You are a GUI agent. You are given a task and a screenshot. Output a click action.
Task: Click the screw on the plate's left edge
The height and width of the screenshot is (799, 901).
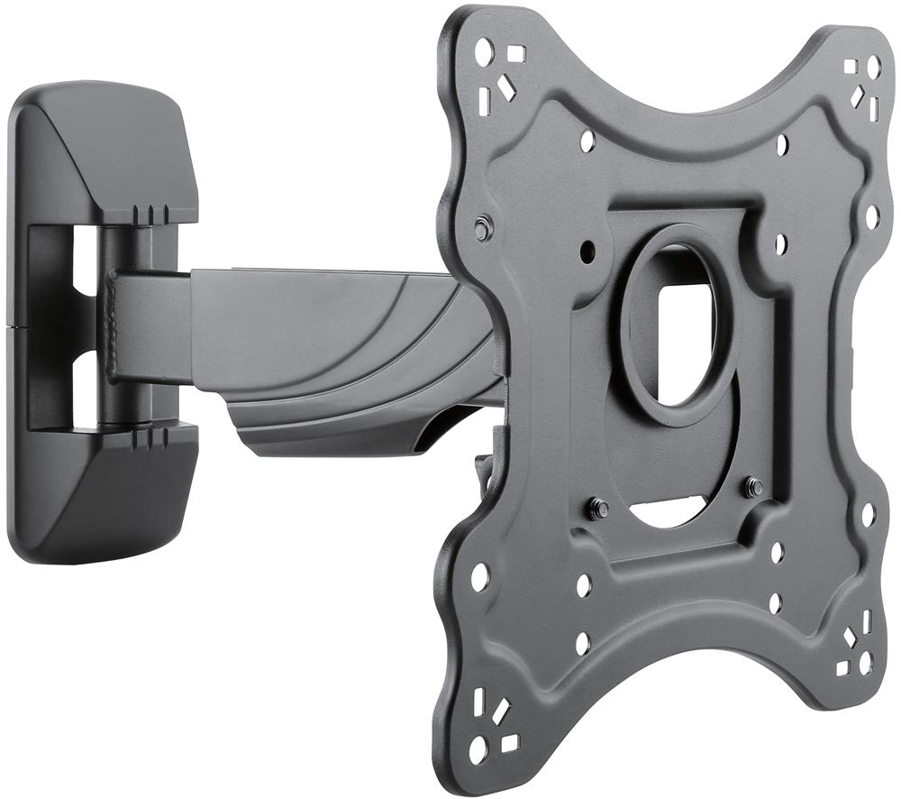pyautogui.click(x=483, y=228)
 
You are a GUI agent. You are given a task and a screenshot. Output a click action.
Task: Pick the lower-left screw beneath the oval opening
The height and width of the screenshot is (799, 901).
pyautogui.click(x=596, y=508)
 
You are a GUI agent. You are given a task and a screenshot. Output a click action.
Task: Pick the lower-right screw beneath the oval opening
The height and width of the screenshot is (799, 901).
pyautogui.click(x=753, y=488)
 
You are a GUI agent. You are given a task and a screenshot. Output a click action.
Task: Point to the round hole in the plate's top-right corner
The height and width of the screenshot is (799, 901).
pyautogui.click(x=873, y=66)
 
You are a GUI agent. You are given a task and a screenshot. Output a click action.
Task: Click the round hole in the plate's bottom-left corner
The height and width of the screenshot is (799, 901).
pyautogui.click(x=478, y=748)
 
